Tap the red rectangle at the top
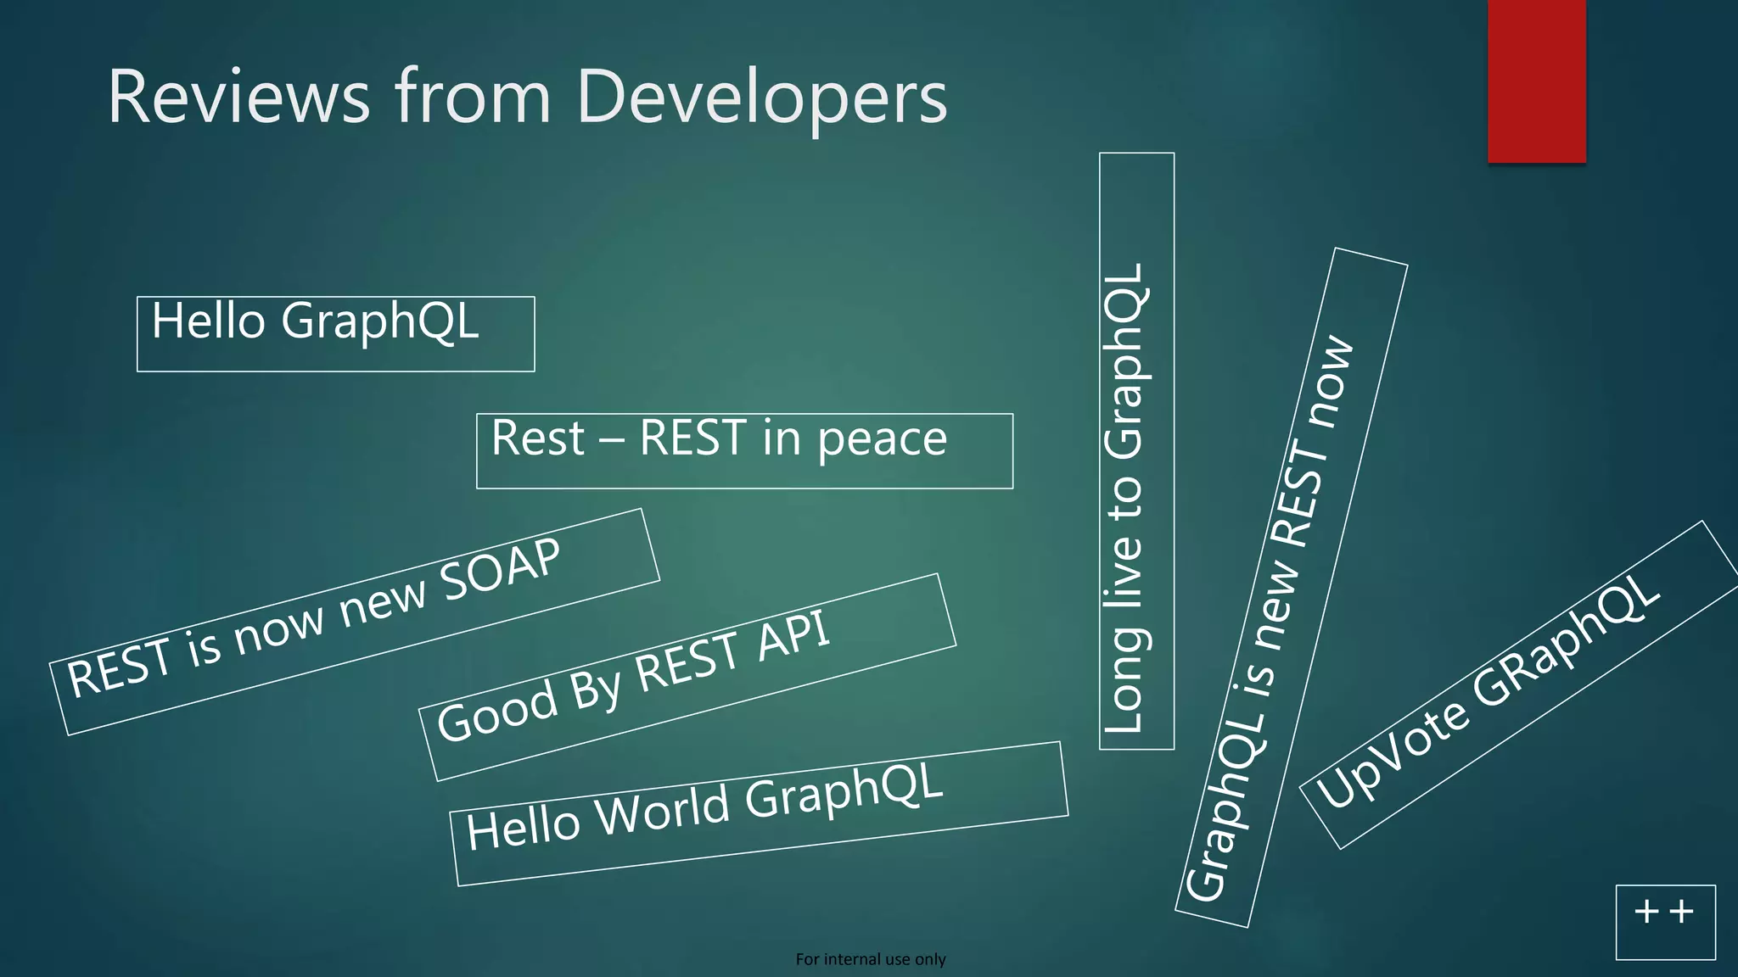[x=1536, y=81]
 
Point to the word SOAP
[x=501, y=570]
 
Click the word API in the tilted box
[x=793, y=636]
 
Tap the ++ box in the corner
[x=1664, y=921]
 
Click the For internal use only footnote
[x=870, y=959]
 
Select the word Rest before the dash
[x=538, y=439]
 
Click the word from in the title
[x=473, y=97]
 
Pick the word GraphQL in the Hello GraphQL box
[x=380, y=323]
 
